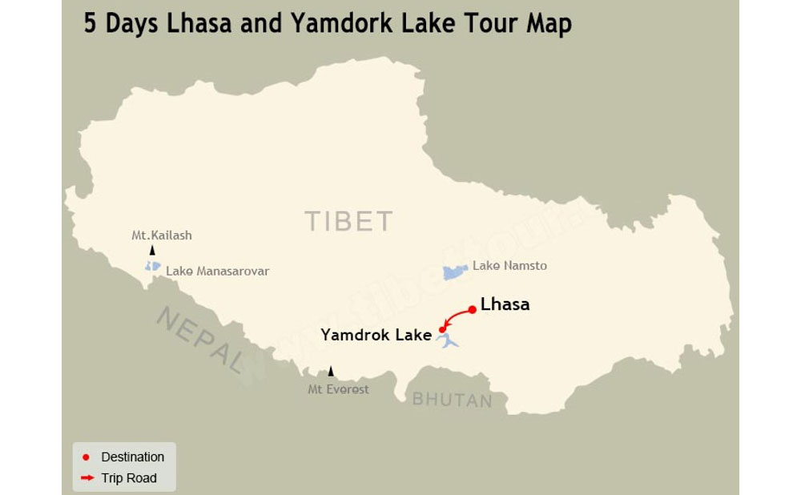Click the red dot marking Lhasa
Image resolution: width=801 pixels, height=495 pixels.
(x=473, y=309)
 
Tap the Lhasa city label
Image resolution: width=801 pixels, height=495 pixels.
(x=505, y=304)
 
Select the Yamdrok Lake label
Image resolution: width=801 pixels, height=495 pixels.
(x=376, y=335)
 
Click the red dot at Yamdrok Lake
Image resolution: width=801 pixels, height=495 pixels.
(x=442, y=329)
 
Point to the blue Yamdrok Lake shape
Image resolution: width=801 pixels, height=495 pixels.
(x=449, y=342)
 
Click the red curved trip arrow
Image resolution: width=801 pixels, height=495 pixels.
(x=454, y=316)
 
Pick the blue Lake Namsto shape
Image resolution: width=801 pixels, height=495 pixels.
(x=456, y=272)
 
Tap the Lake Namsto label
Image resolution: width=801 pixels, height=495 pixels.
(x=509, y=265)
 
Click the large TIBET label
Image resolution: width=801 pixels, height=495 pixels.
(x=348, y=221)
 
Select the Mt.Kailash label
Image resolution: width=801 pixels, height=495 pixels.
(x=162, y=235)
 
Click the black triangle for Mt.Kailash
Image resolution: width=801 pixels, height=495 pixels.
(x=152, y=251)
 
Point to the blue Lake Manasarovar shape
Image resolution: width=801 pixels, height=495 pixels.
(x=152, y=266)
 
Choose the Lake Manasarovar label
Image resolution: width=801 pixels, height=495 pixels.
(x=217, y=272)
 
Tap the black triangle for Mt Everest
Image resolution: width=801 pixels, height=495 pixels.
(x=331, y=372)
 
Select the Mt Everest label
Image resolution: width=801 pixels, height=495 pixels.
(x=339, y=389)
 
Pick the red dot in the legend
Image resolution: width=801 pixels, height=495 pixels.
(x=86, y=457)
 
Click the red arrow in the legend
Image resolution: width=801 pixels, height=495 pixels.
(x=87, y=478)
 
